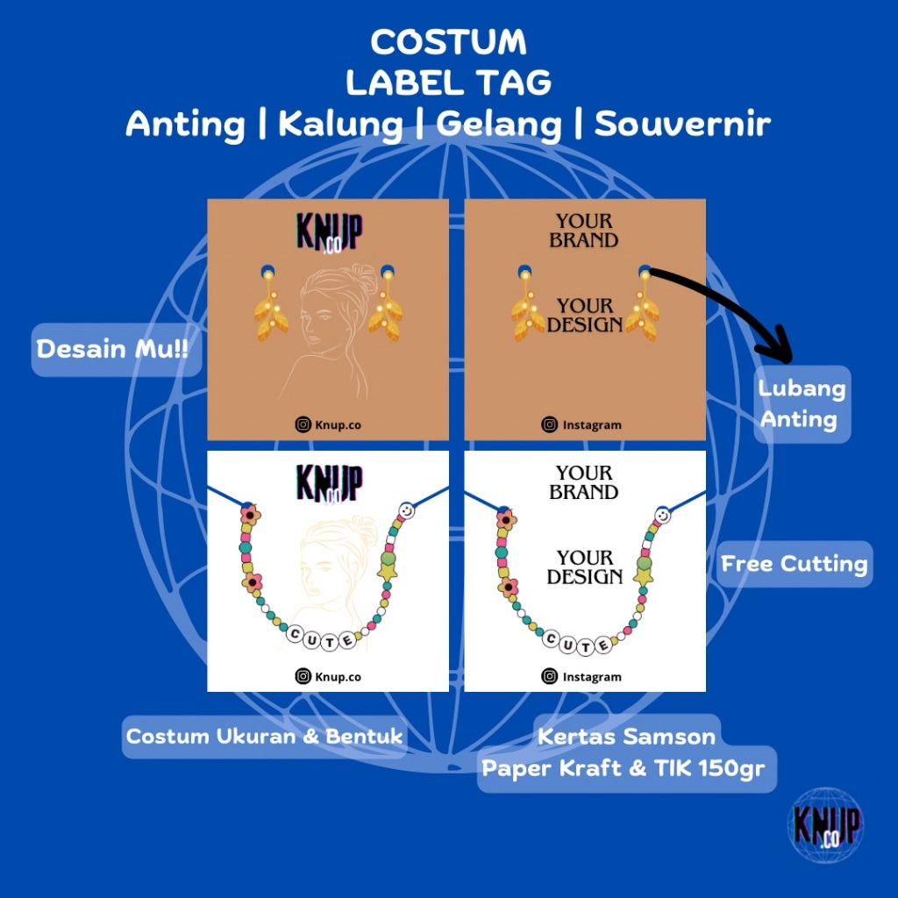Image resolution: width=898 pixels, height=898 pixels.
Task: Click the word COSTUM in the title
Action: (x=448, y=42)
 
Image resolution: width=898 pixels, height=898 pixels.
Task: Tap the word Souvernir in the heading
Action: (x=682, y=125)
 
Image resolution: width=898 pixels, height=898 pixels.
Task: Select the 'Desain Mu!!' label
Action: (x=111, y=349)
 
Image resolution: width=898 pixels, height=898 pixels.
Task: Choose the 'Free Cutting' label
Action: (x=795, y=564)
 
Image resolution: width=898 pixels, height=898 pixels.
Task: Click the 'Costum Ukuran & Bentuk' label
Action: (x=264, y=736)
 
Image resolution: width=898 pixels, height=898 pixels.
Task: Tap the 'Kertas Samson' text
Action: (x=627, y=736)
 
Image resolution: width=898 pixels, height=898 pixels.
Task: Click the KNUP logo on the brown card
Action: (x=329, y=232)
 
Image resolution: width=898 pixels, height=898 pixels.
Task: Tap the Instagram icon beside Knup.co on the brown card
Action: (x=303, y=424)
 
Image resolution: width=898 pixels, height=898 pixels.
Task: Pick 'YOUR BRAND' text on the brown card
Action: (x=584, y=231)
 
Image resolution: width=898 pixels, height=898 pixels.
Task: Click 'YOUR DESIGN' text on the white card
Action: (x=584, y=567)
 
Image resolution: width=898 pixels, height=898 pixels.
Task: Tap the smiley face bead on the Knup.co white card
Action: (x=406, y=510)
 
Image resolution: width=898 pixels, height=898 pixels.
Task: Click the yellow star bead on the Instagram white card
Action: (x=643, y=576)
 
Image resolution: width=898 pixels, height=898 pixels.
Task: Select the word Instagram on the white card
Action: (x=592, y=676)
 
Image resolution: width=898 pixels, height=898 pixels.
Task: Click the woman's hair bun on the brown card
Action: (x=339, y=276)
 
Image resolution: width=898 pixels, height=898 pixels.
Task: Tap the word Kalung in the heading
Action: (x=340, y=125)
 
